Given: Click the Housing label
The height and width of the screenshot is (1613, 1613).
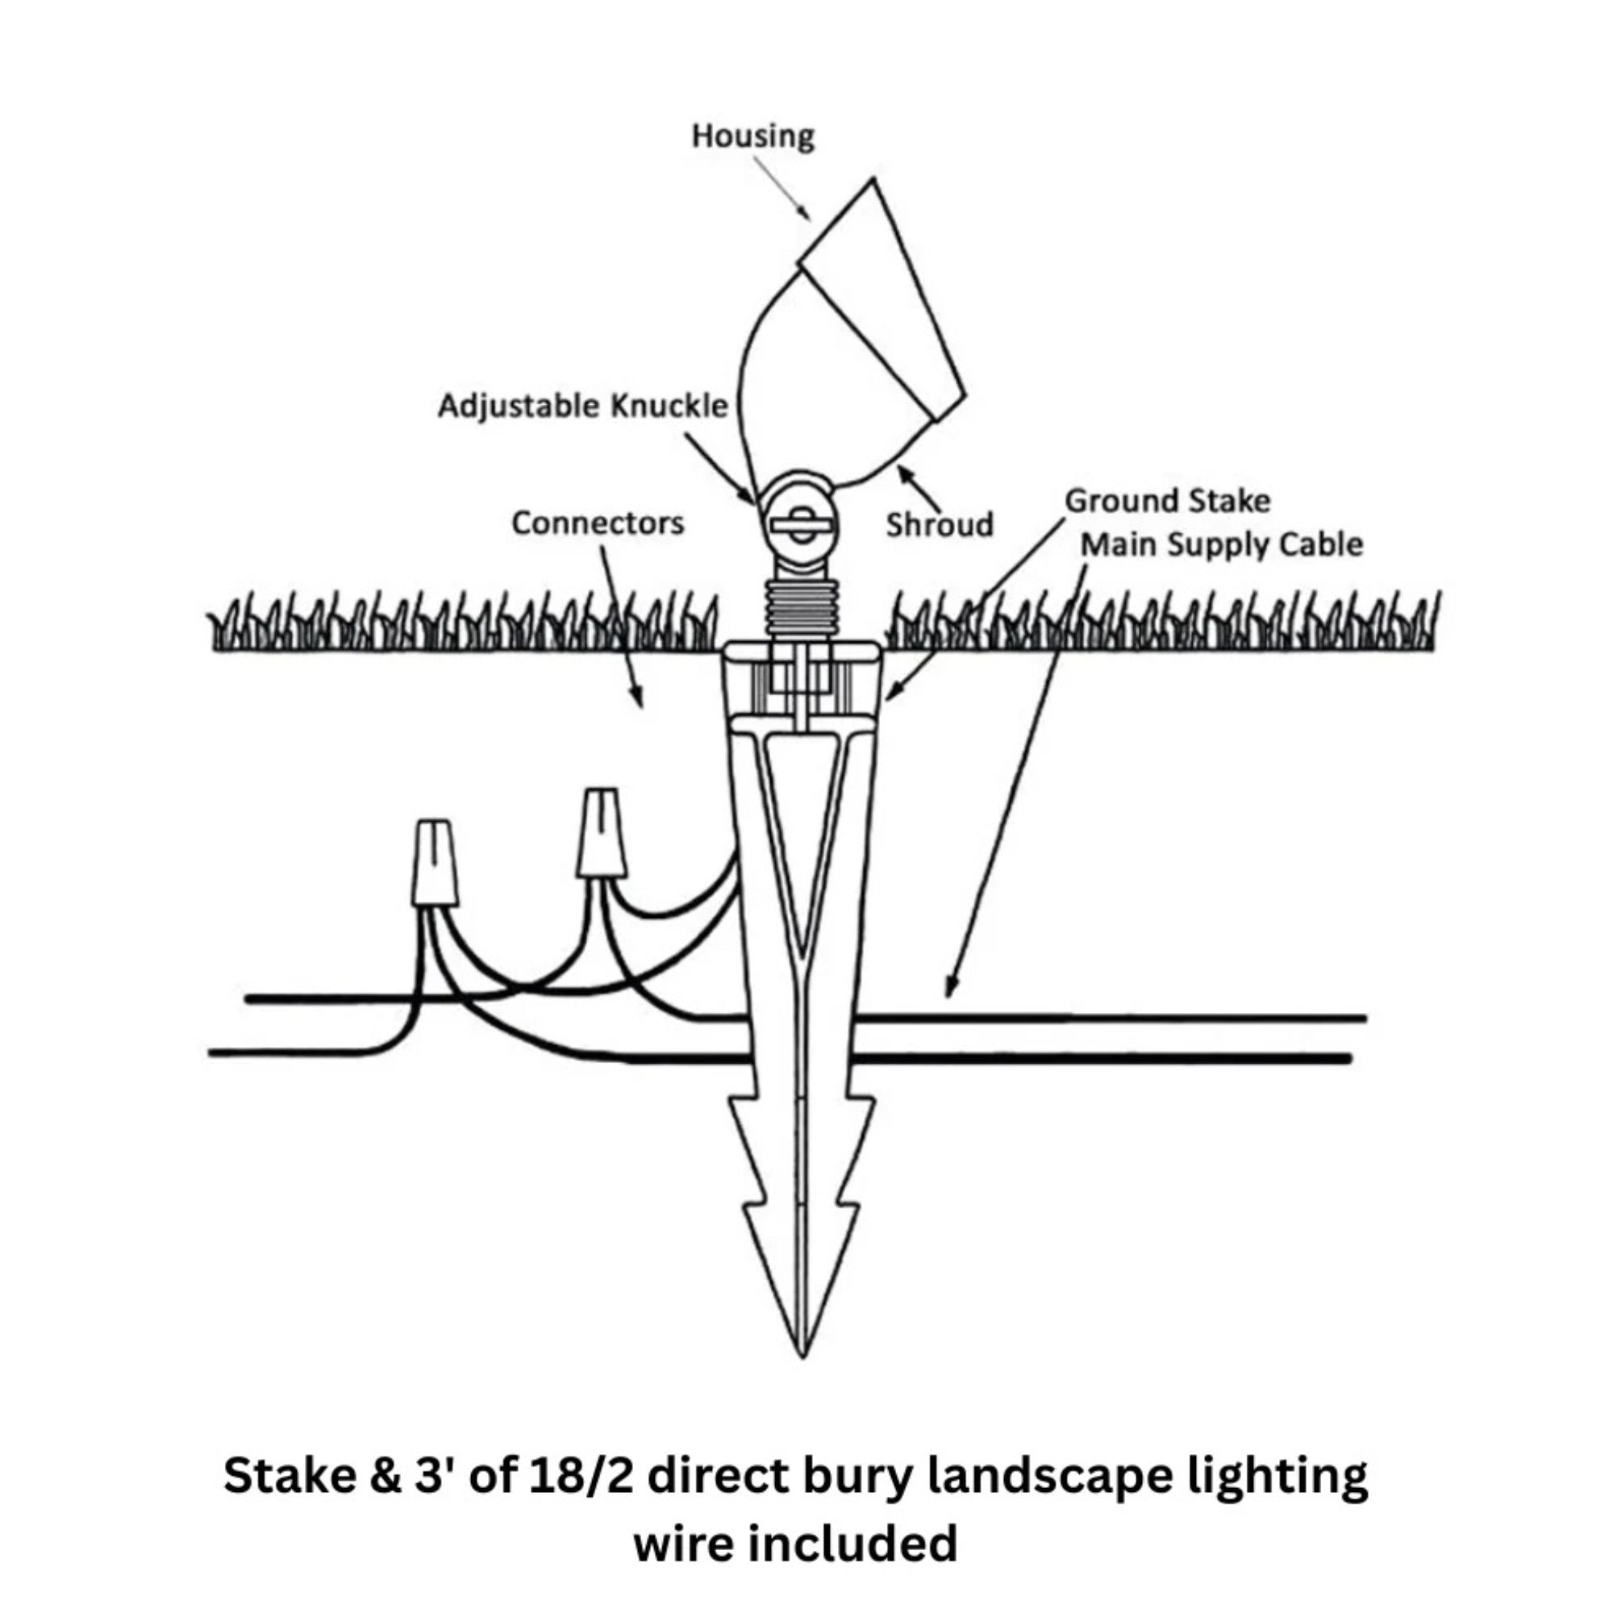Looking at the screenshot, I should click(x=752, y=136).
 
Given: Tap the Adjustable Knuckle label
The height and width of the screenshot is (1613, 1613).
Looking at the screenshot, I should click(x=582, y=406).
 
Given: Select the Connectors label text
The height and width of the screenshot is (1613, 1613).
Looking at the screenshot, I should click(x=597, y=523).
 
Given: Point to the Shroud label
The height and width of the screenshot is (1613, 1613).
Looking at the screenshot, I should click(x=940, y=525).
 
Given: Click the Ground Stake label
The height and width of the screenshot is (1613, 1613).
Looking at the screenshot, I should click(x=1166, y=501).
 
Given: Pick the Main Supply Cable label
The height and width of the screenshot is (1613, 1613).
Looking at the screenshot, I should click(x=1221, y=544).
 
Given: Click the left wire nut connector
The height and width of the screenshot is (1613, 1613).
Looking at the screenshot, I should click(x=435, y=862).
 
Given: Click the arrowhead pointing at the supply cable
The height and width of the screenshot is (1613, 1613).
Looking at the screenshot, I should click(x=949, y=990).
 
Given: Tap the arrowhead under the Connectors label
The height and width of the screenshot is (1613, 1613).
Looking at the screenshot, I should click(x=639, y=698).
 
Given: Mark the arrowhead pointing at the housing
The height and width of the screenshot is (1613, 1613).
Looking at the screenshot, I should click(x=805, y=215).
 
